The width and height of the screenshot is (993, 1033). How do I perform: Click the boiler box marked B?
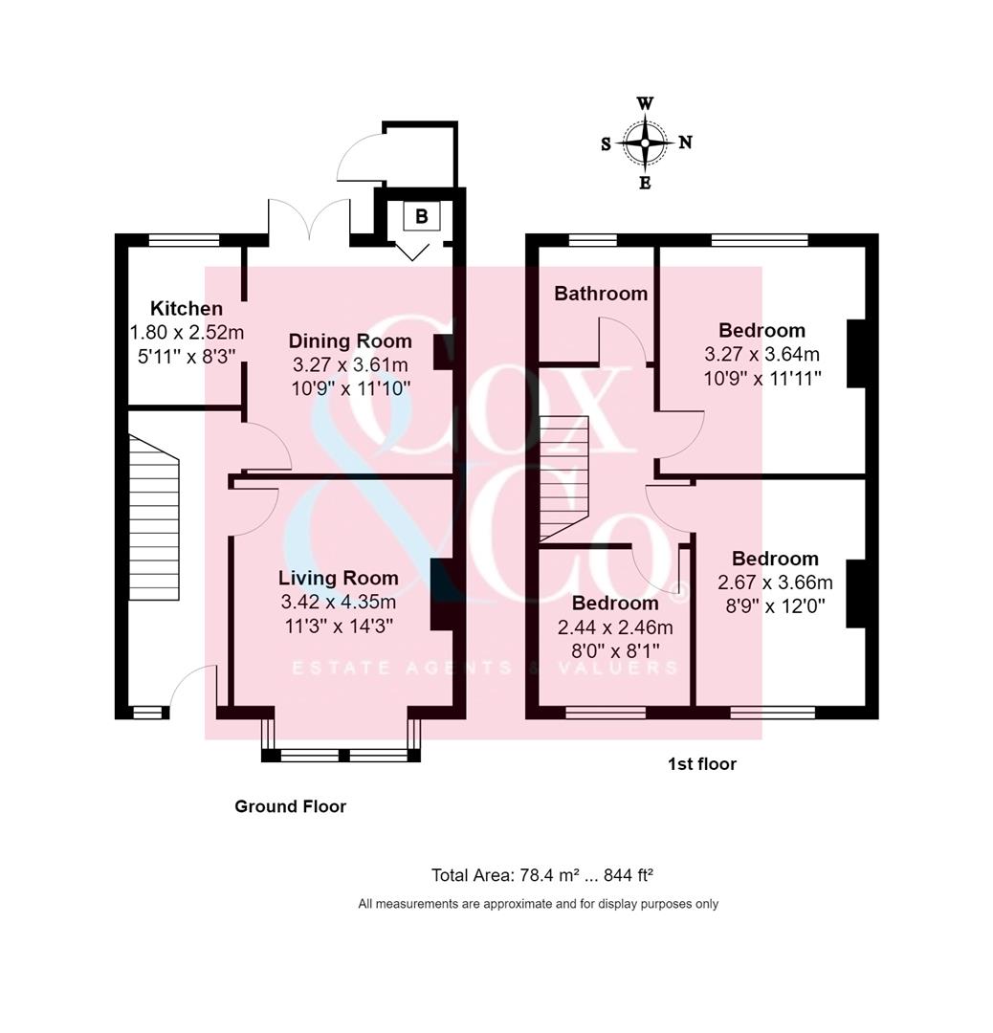click(x=421, y=216)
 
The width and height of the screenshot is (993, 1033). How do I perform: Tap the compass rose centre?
click(x=645, y=143)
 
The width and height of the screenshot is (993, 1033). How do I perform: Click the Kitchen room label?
click(x=187, y=308)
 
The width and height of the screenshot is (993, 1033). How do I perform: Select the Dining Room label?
click(x=350, y=341)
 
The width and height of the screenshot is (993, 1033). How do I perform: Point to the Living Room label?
click(x=338, y=578)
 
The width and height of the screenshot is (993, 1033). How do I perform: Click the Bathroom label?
click(x=601, y=294)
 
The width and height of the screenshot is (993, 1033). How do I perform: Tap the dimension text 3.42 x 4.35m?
click(x=338, y=603)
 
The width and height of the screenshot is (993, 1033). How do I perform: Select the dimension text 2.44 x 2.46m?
click(x=615, y=627)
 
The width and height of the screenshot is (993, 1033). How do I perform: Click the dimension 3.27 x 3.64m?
click(x=761, y=354)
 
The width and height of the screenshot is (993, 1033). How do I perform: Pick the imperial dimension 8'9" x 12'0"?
click(x=775, y=605)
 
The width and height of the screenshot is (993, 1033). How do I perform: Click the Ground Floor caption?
click(x=291, y=806)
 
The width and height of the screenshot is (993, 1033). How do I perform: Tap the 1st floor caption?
click(x=702, y=764)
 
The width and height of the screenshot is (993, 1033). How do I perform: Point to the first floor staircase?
click(x=563, y=478)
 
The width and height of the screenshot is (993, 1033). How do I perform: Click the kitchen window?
click(x=185, y=239)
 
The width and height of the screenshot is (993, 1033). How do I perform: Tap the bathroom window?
click(x=592, y=239)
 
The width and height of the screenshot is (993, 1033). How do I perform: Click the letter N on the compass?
click(x=685, y=143)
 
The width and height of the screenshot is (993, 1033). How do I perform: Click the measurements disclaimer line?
click(x=538, y=904)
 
